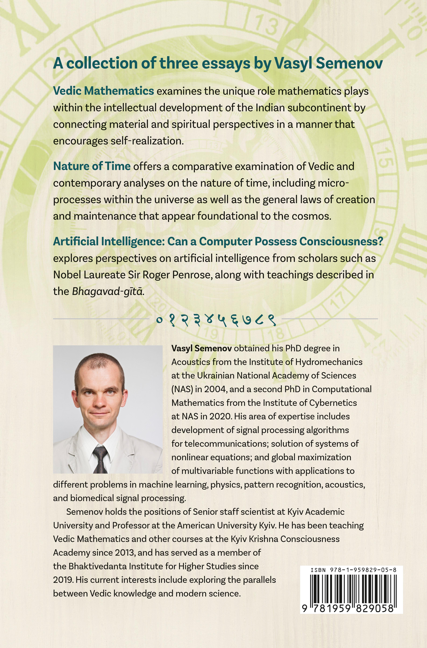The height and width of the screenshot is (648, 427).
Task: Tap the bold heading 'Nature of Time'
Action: [92, 166]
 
